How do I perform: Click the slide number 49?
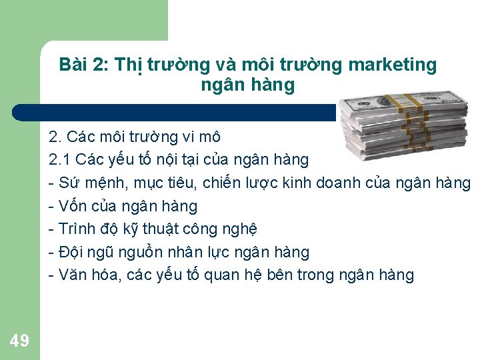coord(20,341)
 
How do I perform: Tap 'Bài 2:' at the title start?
coord(84,65)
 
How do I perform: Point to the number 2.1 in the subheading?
coord(60,160)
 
